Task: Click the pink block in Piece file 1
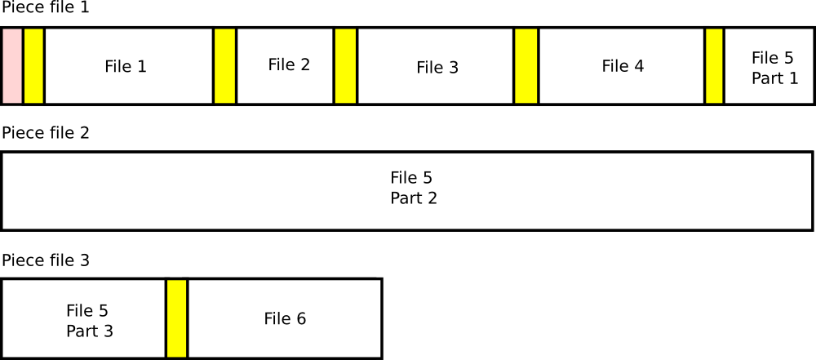pos(12,66)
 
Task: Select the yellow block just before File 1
pos(33,66)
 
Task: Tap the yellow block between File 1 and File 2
pos(224,66)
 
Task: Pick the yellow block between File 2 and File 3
pos(345,66)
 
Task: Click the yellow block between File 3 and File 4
pos(526,66)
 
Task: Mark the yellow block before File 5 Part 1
pos(714,66)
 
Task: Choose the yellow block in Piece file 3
pos(176,318)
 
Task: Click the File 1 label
pos(126,67)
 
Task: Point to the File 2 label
pos(289,64)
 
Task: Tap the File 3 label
pos(437,68)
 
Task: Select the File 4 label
pos(623,66)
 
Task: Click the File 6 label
pos(285,319)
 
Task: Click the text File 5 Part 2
pos(414,188)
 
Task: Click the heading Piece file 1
pos(46,9)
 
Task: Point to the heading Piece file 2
pos(46,133)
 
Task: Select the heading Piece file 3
pos(46,260)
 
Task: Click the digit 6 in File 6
pos(301,319)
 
